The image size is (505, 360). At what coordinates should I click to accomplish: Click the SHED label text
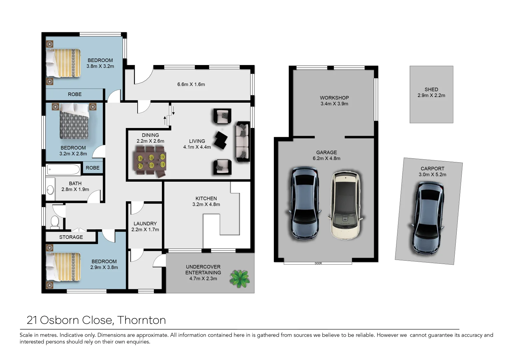pyautogui.click(x=431, y=89)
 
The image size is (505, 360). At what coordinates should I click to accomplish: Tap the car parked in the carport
pyautogui.click(x=427, y=218)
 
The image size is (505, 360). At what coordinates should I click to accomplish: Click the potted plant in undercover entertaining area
pyautogui.click(x=240, y=279)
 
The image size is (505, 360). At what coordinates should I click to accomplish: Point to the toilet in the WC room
pyautogui.click(x=54, y=222)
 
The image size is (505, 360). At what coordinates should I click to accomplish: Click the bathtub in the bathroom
pyautogui.click(x=63, y=170)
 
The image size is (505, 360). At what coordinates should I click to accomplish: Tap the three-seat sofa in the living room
pyautogui.click(x=243, y=142)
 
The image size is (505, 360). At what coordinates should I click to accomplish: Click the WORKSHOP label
pyautogui.click(x=334, y=98)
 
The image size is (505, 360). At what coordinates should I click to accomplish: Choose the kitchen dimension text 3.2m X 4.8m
pyautogui.click(x=206, y=204)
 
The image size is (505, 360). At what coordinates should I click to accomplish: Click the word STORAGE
pyautogui.click(x=71, y=237)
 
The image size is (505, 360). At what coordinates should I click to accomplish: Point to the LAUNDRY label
pyautogui.click(x=145, y=224)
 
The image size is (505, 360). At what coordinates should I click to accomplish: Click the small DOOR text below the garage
pyautogui.click(x=318, y=263)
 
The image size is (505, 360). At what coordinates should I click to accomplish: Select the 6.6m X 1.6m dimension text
pyautogui.click(x=191, y=84)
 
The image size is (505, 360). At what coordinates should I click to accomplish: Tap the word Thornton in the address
pyautogui.click(x=141, y=320)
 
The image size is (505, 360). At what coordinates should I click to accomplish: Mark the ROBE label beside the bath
pyautogui.click(x=92, y=168)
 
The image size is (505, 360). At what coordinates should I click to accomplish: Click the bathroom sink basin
pyautogui.click(x=50, y=190)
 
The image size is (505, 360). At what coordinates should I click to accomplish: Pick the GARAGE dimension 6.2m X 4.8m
pyautogui.click(x=326, y=158)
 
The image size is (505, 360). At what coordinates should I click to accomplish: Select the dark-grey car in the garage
pyautogui.click(x=304, y=203)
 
